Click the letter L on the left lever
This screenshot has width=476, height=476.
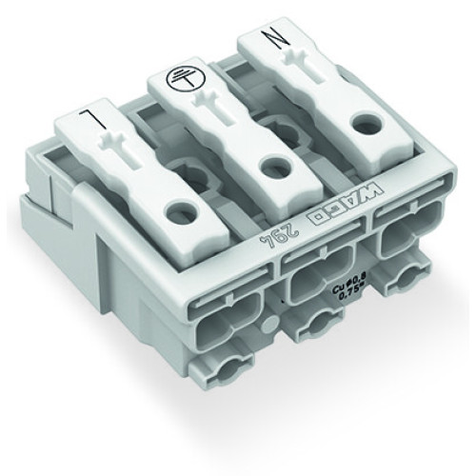(x=87, y=123)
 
